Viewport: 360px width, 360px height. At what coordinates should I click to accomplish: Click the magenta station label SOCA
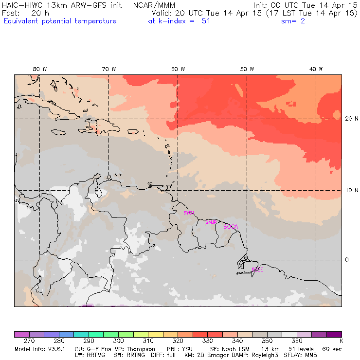231,227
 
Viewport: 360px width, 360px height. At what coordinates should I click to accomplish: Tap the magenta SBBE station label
257,270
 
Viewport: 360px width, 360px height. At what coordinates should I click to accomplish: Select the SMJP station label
211,222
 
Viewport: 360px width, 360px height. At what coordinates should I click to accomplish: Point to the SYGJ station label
188,213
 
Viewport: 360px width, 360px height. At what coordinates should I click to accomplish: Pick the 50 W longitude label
248,69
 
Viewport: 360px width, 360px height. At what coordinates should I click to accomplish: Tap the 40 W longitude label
316,69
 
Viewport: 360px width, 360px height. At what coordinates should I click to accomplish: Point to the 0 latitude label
347,260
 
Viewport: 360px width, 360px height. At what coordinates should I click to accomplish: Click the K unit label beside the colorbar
341,342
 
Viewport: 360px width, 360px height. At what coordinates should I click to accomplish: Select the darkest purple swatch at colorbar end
334,334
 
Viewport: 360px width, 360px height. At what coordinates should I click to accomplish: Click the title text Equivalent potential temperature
60,21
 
